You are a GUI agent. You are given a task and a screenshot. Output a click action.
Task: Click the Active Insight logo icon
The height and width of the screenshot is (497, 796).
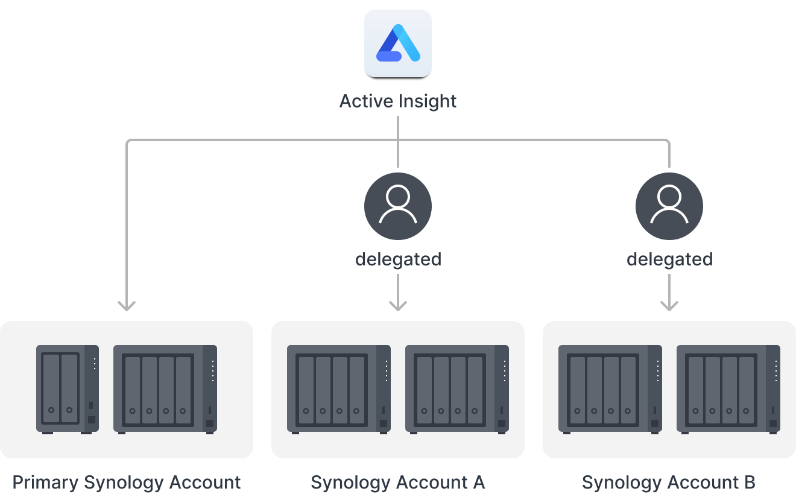pos(398,43)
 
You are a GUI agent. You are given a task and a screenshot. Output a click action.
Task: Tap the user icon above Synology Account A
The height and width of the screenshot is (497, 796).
pos(398,206)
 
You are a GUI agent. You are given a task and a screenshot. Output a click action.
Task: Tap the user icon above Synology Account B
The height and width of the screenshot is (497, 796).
pos(669,206)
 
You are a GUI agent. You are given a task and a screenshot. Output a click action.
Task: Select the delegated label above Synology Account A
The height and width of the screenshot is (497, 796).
pos(398,259)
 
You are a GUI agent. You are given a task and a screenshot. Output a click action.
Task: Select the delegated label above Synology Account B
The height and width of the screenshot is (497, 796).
pos(669,259)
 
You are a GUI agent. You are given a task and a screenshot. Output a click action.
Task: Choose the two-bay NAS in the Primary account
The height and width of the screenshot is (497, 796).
pos(67,388)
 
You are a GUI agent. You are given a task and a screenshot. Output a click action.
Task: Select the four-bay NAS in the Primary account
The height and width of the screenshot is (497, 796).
pos(165,388)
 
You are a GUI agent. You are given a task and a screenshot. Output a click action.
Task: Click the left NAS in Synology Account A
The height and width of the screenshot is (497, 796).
pos(339,388)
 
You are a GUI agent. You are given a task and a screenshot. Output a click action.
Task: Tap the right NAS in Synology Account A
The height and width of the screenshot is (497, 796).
pos(457,388)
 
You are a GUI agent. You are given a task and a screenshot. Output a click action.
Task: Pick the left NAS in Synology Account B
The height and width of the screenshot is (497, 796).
pos(610,388)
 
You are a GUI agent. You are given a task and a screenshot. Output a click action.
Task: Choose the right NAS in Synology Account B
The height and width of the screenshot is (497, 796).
pos(728,388)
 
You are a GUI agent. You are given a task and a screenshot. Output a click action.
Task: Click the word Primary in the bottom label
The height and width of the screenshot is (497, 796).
pos(45,483)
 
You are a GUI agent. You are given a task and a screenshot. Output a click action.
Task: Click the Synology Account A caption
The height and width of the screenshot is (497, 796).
pos(398,483)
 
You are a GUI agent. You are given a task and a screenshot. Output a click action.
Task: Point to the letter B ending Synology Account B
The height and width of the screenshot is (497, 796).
pos(749,483)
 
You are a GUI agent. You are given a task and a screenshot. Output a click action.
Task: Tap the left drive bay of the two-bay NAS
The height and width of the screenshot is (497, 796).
pos(52,388)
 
